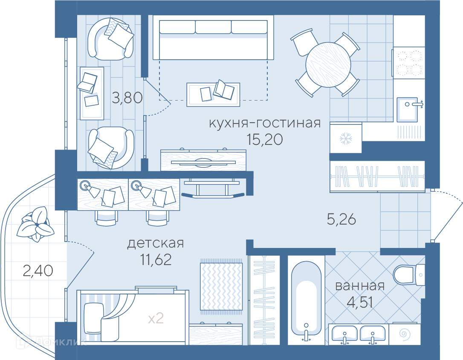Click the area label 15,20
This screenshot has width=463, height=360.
(265, 140)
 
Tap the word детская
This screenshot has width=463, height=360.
(156, 244)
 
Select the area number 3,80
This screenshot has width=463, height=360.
(127, 98)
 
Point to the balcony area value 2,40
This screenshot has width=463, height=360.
(38, 271)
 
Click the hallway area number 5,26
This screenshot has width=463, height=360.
(341, 219)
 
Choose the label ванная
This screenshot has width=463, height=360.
(360, 286)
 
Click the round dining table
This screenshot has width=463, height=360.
(328, 65)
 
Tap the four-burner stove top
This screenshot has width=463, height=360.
(409, 63)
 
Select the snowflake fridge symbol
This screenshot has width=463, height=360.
(344, 138)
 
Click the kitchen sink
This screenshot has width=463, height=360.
(408, 109)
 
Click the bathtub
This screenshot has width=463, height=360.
(306, 299)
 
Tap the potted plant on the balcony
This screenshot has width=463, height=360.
(35, 224)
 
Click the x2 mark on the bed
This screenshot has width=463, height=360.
(156, 318)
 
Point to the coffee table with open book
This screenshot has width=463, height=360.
(213, 94)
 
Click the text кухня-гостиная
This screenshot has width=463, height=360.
(265, 123)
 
